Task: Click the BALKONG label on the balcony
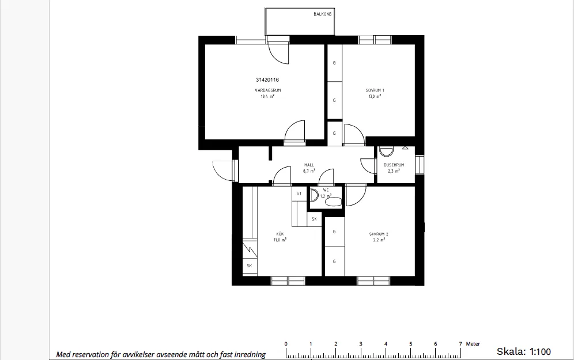point(322,14)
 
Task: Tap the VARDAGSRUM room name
point(267,90)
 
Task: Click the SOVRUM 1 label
point(375,90)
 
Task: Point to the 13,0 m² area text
point(375,97)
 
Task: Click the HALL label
point(309,165)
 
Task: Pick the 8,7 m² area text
point(309,171)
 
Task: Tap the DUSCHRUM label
point(394,165)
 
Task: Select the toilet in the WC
point(334,202)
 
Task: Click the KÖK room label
point(280,234)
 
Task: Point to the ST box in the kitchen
point(299,194)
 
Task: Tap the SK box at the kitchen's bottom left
point(250,266)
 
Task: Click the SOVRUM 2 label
point(379,234)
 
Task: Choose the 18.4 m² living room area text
point(267,97)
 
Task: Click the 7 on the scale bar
point(460,344)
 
